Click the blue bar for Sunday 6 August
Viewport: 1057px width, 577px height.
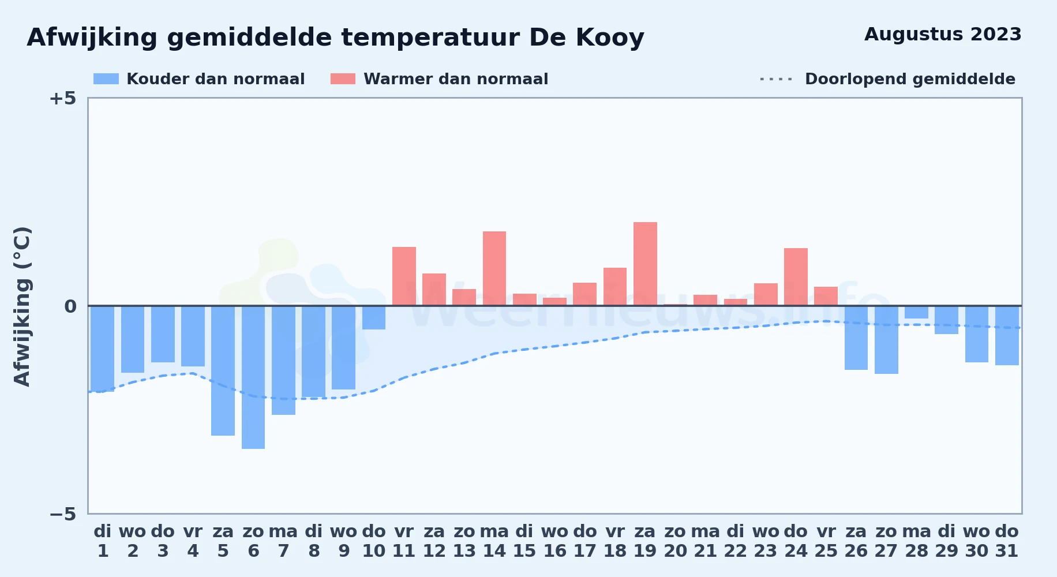click(253, 377)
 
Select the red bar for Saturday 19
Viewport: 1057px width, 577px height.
click(645, 264)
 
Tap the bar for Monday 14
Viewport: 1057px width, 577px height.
click(494, 268)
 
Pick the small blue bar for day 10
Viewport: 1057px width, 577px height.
click(374, 317)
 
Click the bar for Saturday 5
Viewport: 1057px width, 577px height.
click(223, 370)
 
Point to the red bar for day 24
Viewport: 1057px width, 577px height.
click(796, 277)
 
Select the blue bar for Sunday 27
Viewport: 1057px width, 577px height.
click(886, 340)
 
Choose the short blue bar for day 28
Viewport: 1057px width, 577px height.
click(916, 312)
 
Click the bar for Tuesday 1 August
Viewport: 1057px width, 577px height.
click(103, 349)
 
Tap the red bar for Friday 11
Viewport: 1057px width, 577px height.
click(404, 276)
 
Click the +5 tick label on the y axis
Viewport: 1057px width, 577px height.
click(63, 98)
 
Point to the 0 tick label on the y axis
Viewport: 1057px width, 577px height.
click(70, 306)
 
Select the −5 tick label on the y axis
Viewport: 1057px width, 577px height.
click(63, 514)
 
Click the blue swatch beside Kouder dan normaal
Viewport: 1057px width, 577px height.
click(106, 79)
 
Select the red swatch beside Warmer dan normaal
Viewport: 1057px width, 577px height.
click(343, 79)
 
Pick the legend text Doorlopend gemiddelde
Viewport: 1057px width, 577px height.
click(910, 79)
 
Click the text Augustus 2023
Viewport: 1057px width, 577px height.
click(943, 34)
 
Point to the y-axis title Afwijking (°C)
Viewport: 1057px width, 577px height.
click(23, 306)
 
